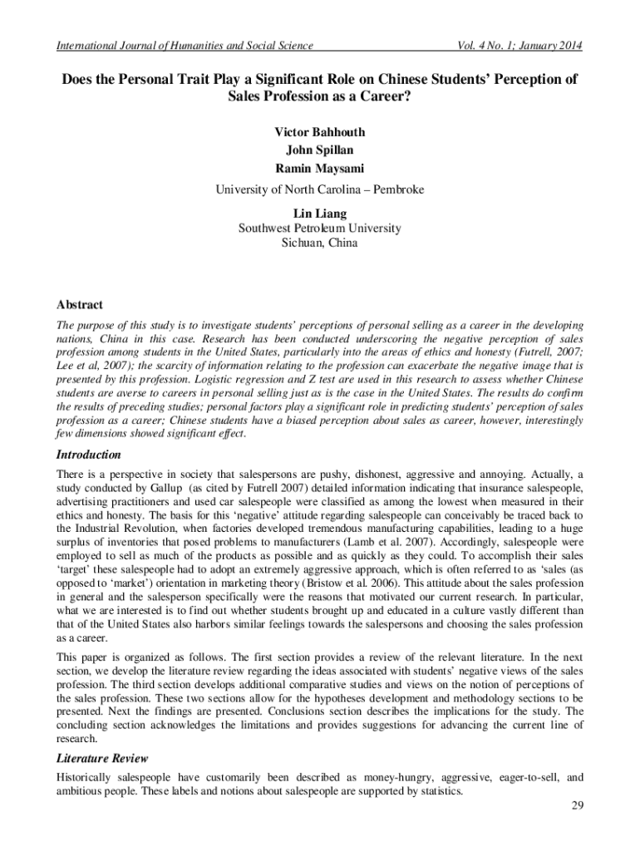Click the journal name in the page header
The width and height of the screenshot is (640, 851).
tap(184, 45)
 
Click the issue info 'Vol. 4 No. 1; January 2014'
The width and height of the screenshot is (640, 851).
tap(514, 45)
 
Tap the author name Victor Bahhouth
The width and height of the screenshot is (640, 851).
tap(319, 132)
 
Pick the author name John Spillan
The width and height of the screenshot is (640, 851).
tap(319, 150)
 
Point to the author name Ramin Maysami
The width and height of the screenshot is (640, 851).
tap(319, 170)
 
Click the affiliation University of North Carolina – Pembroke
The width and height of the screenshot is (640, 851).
tap(319, 189)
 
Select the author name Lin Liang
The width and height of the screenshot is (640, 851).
tap(319, 214)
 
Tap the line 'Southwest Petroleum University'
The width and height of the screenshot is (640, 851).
tap(319, 228)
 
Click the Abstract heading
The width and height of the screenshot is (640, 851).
tap(79, 305)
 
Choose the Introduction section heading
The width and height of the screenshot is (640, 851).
tap(88, 455)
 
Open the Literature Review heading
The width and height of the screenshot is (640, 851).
tap(101, 759)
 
